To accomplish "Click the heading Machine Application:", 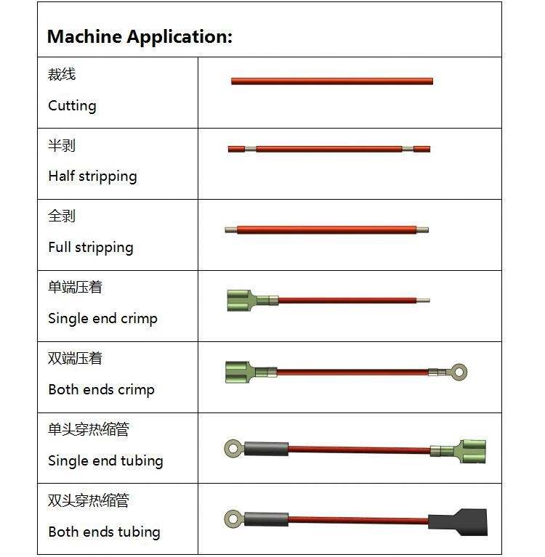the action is (140, 36).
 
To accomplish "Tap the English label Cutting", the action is (72, 105).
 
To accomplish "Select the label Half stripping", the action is (92, 176).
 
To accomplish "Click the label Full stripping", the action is (91, 247).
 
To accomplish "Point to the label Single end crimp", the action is (102, 318).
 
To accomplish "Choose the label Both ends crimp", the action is (101, 389).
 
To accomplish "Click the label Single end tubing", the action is (105, 460).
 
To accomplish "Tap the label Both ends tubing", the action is (104, 532).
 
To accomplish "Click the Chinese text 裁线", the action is (62, 75).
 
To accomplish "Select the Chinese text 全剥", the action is (62, 216).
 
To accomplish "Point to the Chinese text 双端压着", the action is (75, 359).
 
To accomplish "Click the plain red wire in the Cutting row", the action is (332, 81).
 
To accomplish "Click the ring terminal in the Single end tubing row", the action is (233, 448).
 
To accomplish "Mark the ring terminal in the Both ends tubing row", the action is (233, 519).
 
